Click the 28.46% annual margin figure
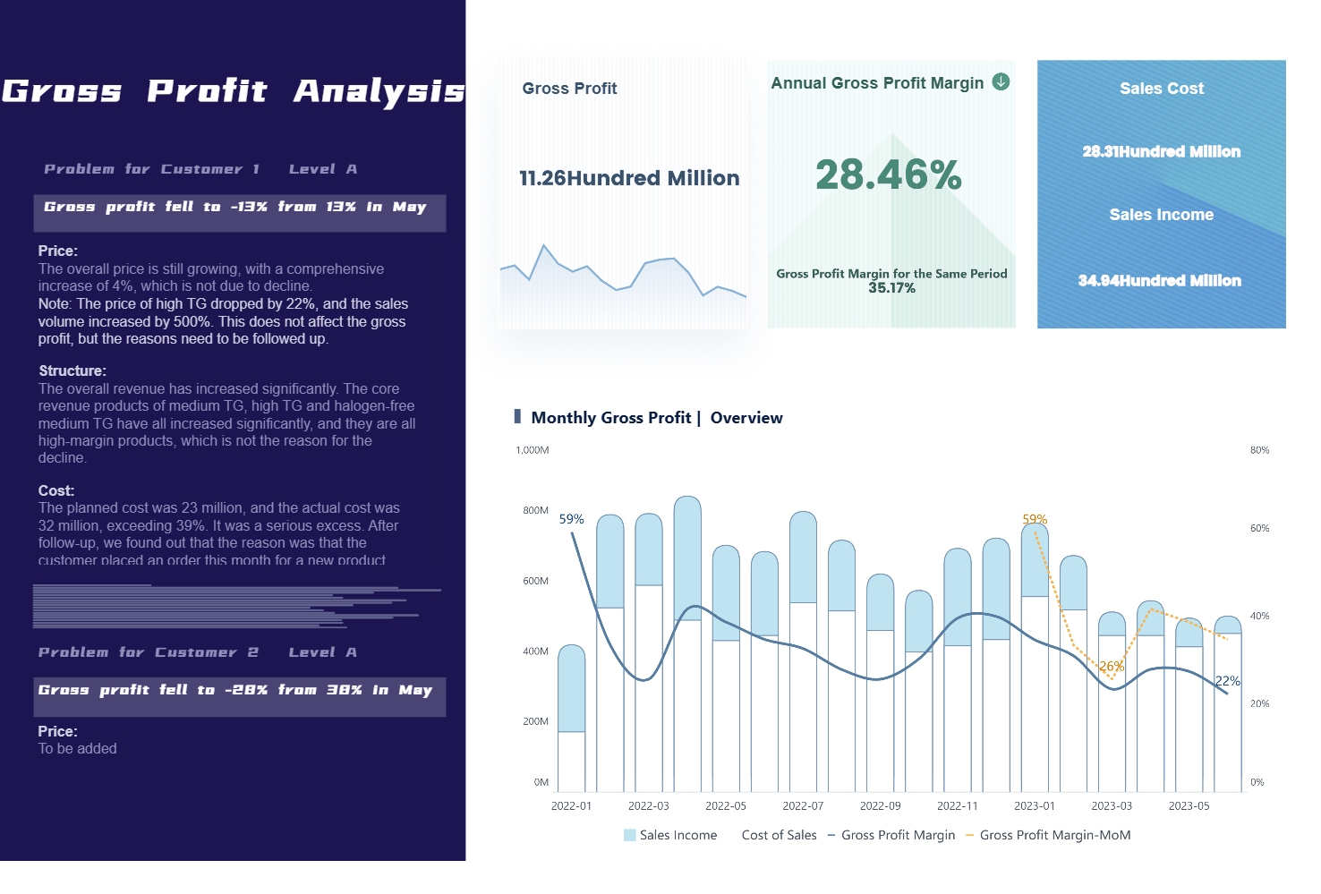point(888,175)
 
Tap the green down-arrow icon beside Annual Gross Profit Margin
point(1001,82)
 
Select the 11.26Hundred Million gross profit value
point(629,178)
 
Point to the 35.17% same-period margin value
point(891,288)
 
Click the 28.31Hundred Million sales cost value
point(1161,151)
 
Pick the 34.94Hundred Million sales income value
point(1159,280)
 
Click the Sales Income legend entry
point(670,835)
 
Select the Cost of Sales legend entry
point(779,835)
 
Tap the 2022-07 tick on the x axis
point(803,805)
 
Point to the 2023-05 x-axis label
point(1189,805)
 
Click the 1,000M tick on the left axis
point(533,450)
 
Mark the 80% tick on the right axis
point(1259,450)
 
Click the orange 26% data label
point(1111,667)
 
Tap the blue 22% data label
point(1227,681)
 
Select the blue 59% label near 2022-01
point(571,519)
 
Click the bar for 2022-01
point(571,716)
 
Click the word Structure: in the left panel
point(72,370)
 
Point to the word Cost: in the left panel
point(56,490)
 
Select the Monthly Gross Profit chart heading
point(656,418)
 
